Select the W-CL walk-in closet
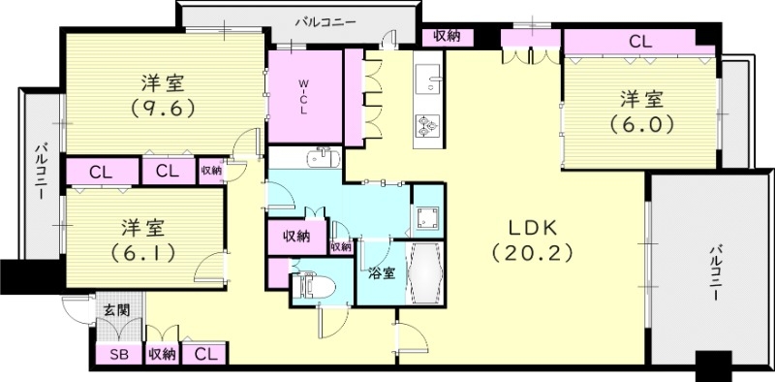304,96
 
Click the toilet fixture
313,286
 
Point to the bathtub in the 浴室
427,274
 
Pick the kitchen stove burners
426,124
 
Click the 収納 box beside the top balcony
447,37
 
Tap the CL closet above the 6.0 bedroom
639,42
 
